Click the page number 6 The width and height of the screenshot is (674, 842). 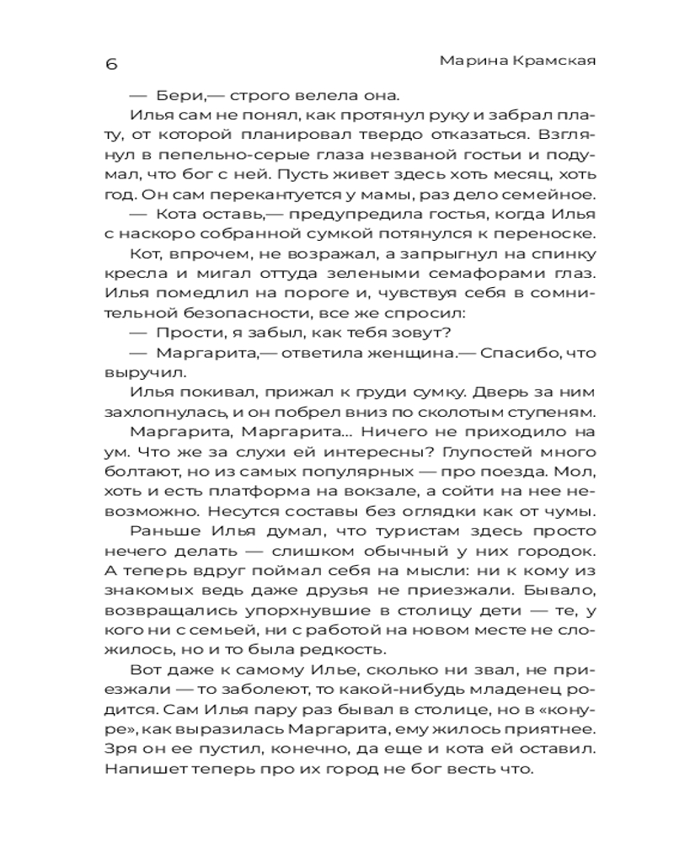click(111, 65)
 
